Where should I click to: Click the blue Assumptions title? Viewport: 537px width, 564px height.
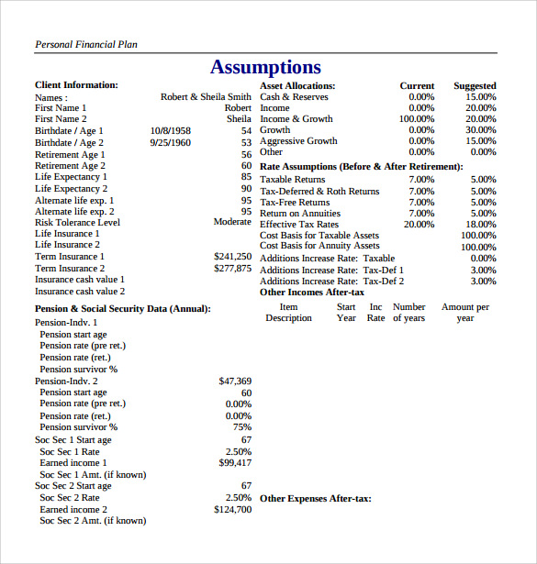point(265,67)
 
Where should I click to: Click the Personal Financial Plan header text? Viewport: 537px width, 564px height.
point(86,44)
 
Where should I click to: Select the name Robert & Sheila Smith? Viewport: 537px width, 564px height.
point(206,96)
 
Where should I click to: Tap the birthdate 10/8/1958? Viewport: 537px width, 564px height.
point(170,131)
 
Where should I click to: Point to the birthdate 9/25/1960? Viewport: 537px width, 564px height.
point(170,143)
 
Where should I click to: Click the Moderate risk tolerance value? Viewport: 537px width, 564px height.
point(232,222)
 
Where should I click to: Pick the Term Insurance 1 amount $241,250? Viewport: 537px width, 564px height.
point(232,257)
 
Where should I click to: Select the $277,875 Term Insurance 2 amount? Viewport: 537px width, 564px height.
point(232,269)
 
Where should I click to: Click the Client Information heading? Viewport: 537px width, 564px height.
point(76,85)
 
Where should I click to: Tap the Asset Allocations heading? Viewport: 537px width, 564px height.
point(297,85)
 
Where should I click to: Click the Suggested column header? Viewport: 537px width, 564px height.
point(475,85)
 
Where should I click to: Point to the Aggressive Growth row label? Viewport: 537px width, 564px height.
point(298,141)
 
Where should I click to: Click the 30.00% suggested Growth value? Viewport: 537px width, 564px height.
point(480,130)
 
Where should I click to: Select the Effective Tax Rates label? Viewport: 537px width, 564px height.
point(299,224)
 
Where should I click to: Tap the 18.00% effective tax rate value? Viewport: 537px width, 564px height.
point(480,224)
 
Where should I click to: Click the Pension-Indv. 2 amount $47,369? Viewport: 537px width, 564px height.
point(235,381)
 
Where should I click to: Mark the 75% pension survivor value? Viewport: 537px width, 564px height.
point(242,427)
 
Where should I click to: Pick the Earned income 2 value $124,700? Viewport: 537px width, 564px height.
point(232,509)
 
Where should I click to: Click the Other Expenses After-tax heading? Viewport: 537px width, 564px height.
point(315,499)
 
